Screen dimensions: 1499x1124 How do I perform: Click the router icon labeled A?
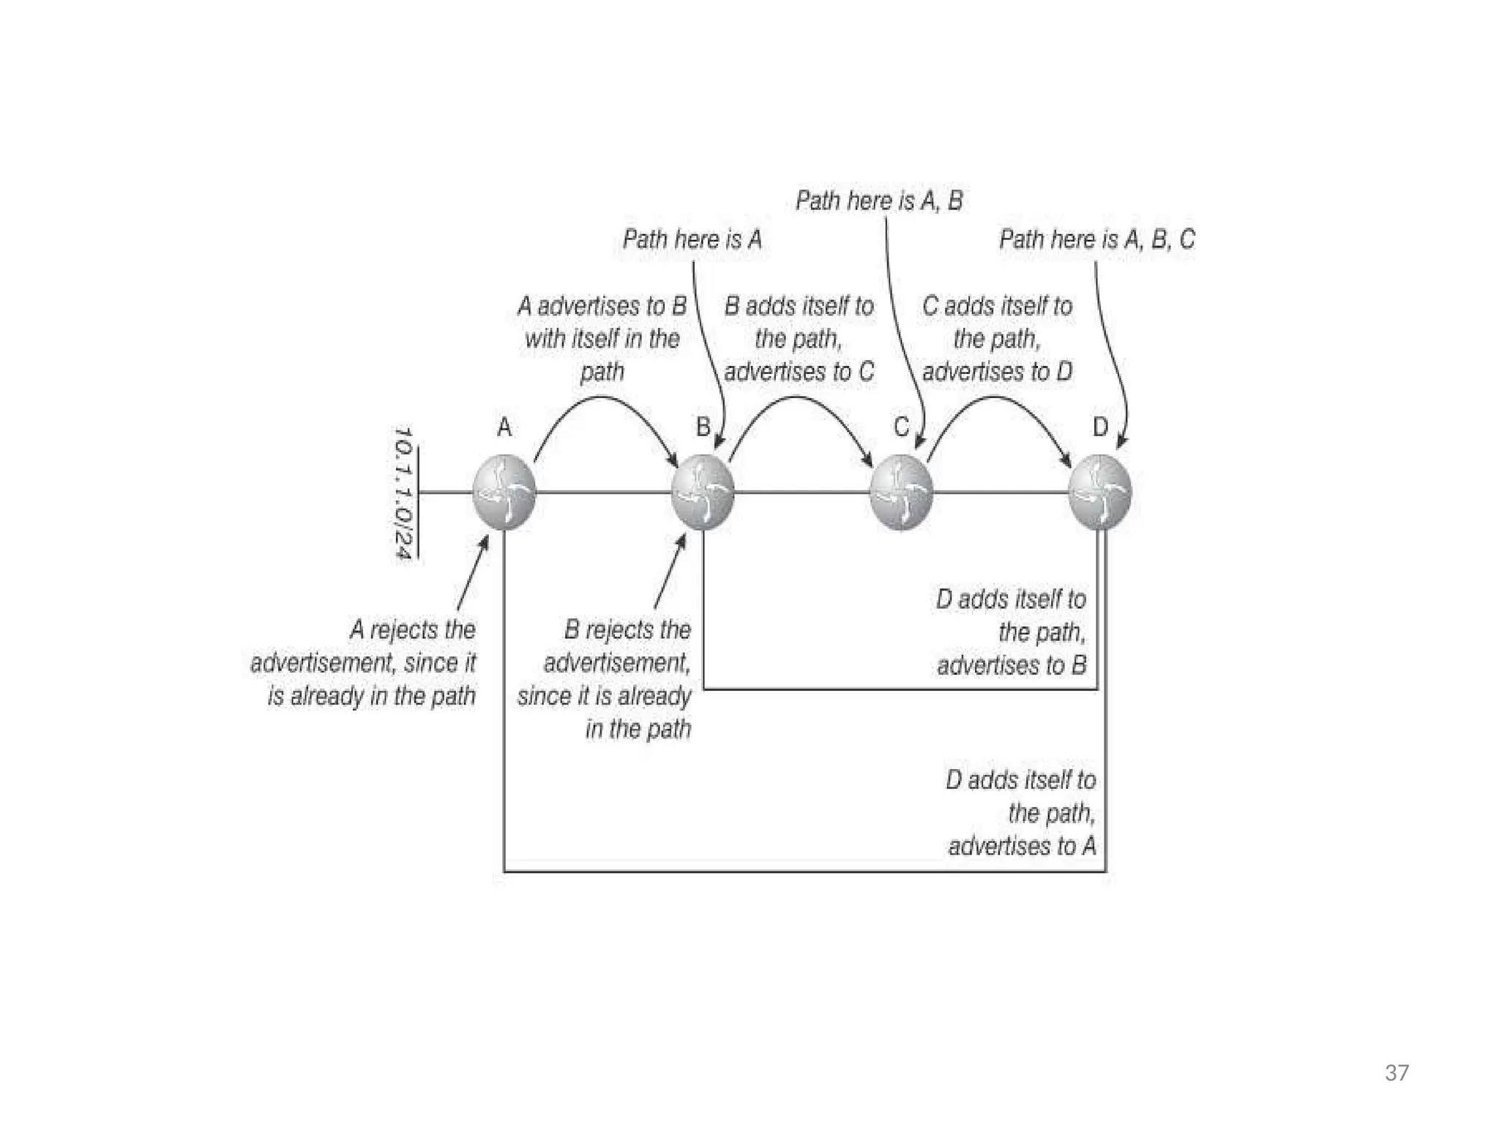504,492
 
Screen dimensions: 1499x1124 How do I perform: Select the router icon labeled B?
703,492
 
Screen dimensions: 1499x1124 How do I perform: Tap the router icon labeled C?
901,492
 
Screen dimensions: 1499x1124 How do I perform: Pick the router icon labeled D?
1100,492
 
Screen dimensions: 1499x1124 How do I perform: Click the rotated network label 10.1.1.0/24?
403,492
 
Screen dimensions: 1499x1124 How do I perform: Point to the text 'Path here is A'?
692,239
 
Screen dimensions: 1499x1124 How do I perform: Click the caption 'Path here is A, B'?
879,201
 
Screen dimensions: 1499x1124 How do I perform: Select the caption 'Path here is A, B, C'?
1096,239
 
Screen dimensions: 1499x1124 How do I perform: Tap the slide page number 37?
1397,1073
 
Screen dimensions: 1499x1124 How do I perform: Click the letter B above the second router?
703,427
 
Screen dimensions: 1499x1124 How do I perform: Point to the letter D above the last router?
1100,427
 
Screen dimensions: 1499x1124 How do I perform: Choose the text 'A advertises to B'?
602,306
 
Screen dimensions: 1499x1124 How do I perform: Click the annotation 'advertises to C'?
799,372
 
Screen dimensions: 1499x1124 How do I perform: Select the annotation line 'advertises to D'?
997,372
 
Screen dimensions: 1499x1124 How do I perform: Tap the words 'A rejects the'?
413,629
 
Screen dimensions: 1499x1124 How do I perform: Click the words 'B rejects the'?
627,629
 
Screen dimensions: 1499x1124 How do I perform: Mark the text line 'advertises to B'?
1012,665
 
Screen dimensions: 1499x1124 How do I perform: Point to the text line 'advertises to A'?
1022,846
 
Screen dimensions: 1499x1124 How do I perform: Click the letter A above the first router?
504,427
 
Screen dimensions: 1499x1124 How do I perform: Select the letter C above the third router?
901,427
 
